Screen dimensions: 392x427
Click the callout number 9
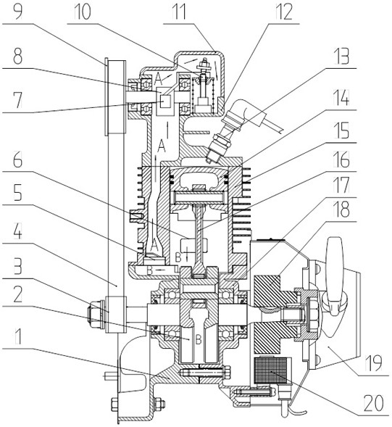click(17, 12)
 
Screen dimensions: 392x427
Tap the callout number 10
click(82, 12)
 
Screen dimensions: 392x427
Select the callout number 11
click(178, 12)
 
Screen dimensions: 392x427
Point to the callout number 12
click(283, 12)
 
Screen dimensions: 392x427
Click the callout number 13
click(341, 56)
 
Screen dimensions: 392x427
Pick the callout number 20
click(374, 403)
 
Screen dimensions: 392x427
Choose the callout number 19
click(374, 362)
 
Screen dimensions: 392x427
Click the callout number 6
click(17, 160)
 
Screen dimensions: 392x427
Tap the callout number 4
click(17, 232)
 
